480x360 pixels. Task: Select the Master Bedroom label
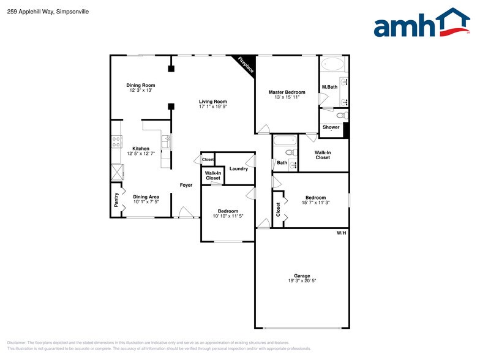(287, 92)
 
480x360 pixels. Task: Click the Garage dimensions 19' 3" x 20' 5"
(301, 280)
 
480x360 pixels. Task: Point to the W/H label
(341, 233)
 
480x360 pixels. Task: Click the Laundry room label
(238, 168)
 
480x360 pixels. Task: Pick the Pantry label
(116, 199)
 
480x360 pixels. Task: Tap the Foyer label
(186, 185)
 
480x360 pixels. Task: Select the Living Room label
(212, 102)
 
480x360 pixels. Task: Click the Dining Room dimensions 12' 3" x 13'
(141, 91)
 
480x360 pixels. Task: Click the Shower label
(331, 127)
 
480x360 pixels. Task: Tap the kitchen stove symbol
(116, 143)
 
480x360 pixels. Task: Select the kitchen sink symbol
(166, 141)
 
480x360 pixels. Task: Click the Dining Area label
(146, 197)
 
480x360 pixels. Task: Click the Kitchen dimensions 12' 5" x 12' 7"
(141, 154)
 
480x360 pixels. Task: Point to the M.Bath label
(329, 87)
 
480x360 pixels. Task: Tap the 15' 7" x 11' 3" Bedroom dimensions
(316, 203)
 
